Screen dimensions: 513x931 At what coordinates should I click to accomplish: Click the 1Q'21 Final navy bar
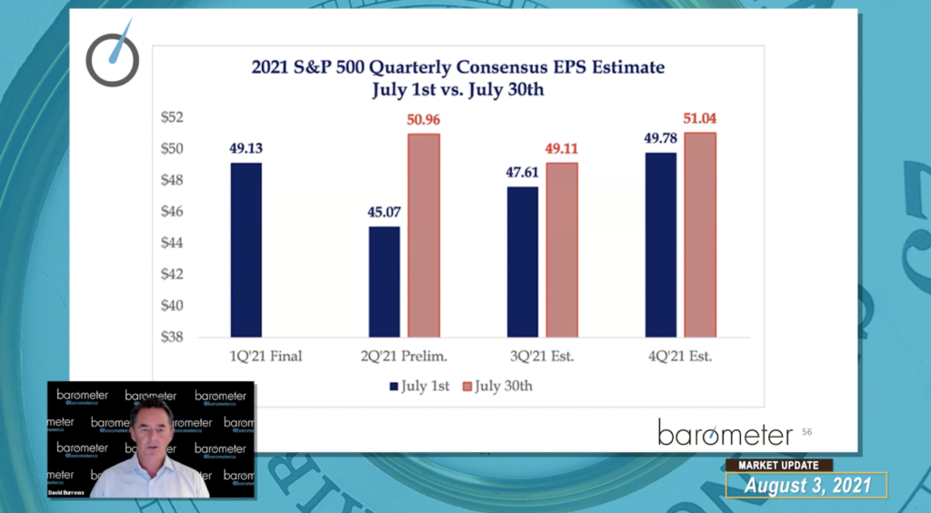coord(245,249)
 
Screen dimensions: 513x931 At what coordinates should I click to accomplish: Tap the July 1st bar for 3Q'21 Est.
coord(522,261)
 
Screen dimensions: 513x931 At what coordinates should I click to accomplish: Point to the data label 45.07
coord(384,215)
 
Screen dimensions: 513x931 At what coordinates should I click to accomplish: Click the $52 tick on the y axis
coord(171,117)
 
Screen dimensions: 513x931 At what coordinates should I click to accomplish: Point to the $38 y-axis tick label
coord(171,337)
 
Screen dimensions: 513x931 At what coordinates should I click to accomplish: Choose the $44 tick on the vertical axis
coord(171,243)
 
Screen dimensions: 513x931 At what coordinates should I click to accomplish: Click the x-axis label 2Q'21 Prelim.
coord(404,357)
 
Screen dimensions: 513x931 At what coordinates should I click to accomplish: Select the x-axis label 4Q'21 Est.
coord(679,357)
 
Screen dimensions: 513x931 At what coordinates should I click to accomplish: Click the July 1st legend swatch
coord(394,386)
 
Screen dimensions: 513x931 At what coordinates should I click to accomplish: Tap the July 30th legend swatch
coord(468,386)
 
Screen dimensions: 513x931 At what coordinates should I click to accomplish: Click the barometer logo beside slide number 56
coord(725,432)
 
